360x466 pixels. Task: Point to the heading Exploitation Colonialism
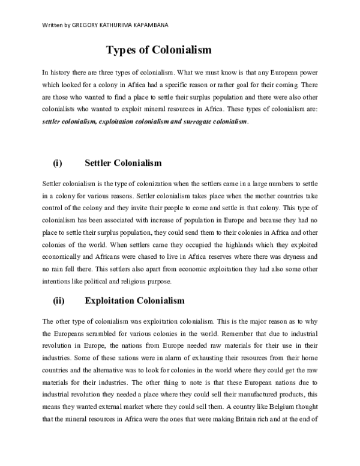[x=134, y=300]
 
